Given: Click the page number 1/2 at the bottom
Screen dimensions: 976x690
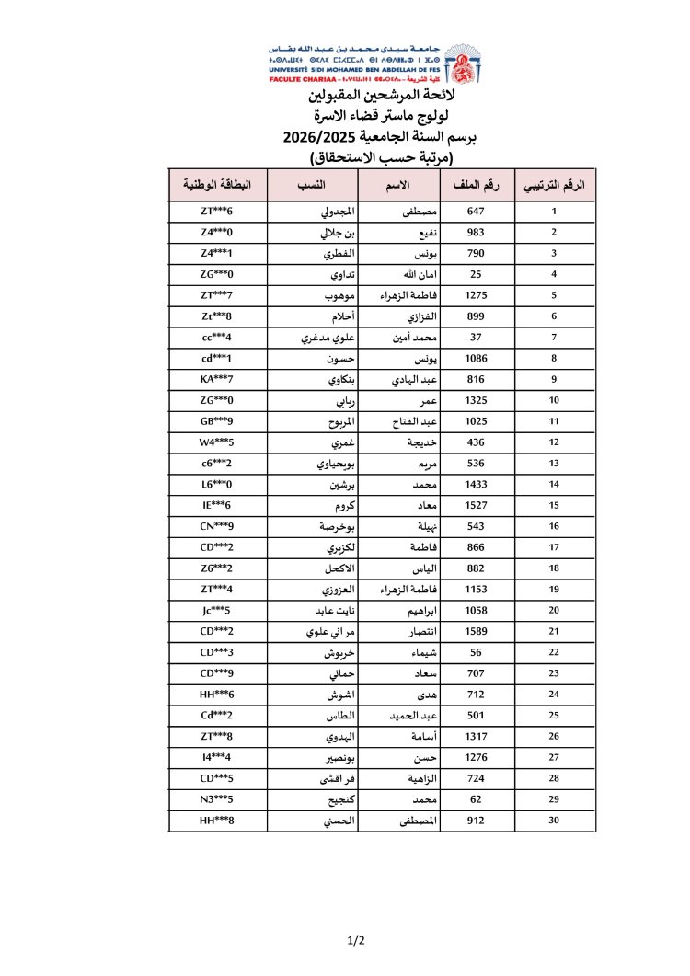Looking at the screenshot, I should pos(357,940).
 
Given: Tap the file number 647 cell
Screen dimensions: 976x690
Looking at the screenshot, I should pos(476,212).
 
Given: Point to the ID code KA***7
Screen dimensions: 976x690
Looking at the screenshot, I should pos(217,379).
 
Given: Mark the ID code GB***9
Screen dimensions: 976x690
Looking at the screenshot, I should pos(217,420).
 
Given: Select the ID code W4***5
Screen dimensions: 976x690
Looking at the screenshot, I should pos(217,442).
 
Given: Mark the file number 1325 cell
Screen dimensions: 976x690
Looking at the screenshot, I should pos(476,400).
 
